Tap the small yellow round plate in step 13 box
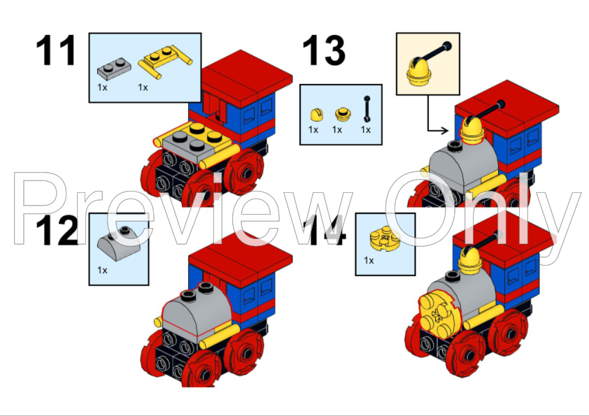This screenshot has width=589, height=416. [x=342, y=113]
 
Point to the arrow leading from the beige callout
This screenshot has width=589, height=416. [x=437, y=129]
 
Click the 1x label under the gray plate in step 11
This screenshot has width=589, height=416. [x=103, y=88]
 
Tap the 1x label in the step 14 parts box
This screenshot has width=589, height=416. [x=369, y=261]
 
